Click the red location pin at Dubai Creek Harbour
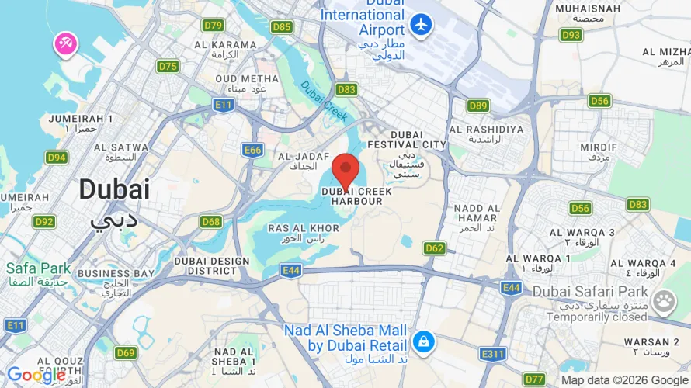pyautogui.click(x=345, y=169)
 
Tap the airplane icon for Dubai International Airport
pyautogui.click(x=422, y=24)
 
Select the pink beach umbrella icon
pyautogui.click(x=64, y=44)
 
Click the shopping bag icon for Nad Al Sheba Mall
pyautogui.click(x=423, y=341)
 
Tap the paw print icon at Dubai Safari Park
pyautogui.click(x=663, y=301)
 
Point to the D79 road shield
pyautogui.click(x=213, y=26)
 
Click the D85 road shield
pyautogui.click(x=282, y=27)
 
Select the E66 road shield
pyautogui.click(x=252, y=151)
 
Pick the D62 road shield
pyautogui.click(x=435, y=248)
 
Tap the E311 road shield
pyautogui.click(x=491, y=354)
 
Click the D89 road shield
pyautogui.click(x=478, y=106)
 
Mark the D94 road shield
pyautogui.click(x=56, y=158)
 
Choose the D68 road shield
pyautogui.click(x=211, y=222)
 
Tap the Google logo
pyautogui.click(x=36, y=376)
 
